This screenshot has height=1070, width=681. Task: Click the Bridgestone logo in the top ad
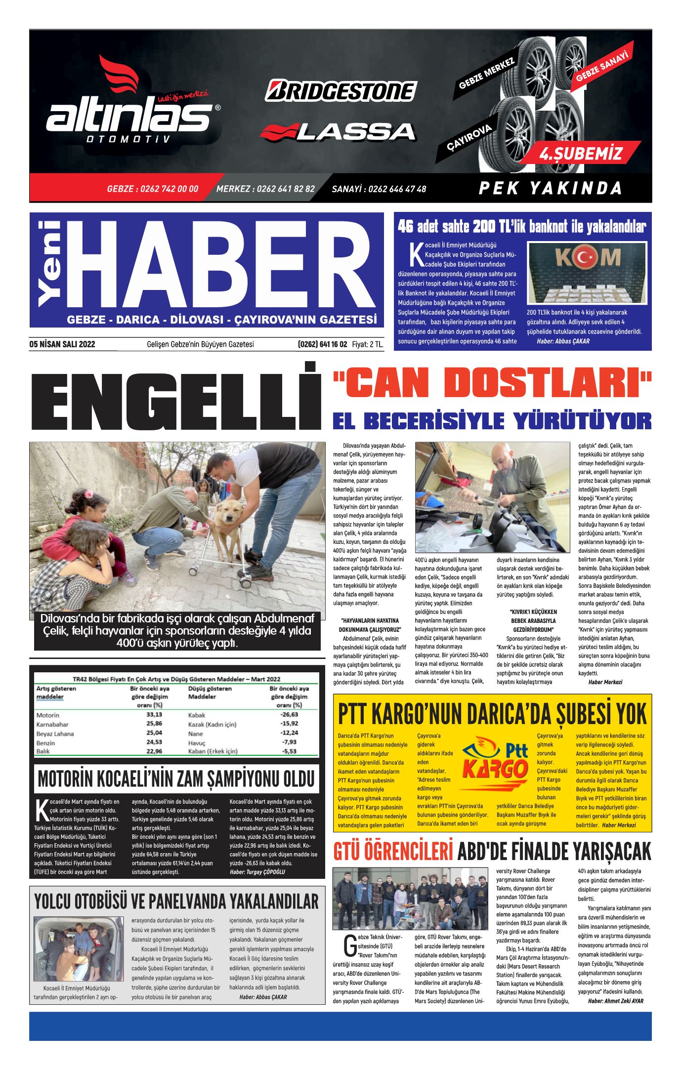(x=341, y=91)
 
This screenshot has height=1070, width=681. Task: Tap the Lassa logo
(x=338, y=131)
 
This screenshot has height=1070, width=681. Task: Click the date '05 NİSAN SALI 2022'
(x=62, y=344)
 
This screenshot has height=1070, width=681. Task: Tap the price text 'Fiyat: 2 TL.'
(x=368, y=344)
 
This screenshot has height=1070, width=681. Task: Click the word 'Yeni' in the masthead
(x=49, y=263)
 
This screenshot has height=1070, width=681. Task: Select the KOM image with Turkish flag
(x=587, y=273)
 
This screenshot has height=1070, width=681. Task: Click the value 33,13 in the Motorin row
(x=154, y=714)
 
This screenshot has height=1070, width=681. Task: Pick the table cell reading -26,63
(x=289, y=714)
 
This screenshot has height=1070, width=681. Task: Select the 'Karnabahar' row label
(x=52, y=724)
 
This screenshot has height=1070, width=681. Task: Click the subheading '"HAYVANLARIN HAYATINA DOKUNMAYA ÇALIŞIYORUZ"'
(x=370, y=625)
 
